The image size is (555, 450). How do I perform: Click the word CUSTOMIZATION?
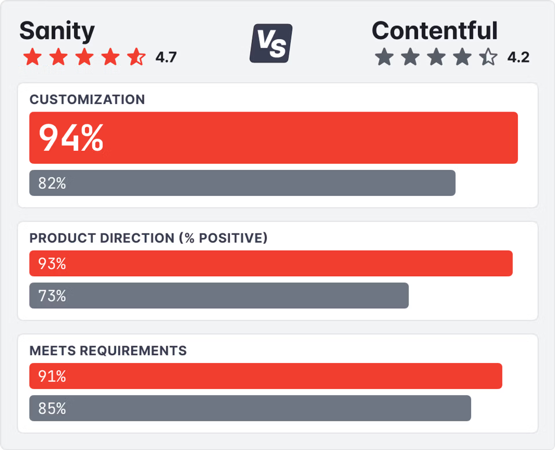tap(87, 100)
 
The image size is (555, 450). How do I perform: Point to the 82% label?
tap(52, 183)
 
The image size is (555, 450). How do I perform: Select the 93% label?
tap(52, 264)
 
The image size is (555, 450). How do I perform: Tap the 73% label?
tap(52, 296)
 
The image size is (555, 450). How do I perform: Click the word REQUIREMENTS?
tap(133, 351)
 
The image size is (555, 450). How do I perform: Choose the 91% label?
tap(52, 376)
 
